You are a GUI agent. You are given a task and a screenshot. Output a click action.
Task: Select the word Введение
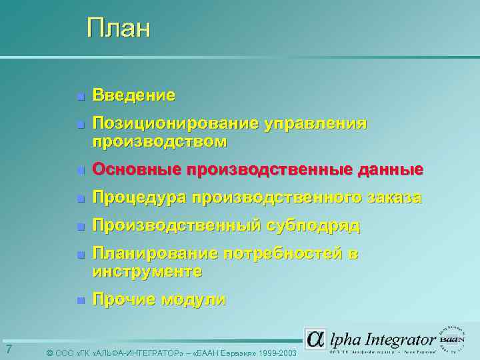(134, 95)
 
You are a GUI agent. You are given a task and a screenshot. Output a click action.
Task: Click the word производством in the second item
(159, 141)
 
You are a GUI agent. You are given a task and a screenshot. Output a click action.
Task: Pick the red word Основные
(137, 169)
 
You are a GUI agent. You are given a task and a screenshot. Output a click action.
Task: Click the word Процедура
(139, 198)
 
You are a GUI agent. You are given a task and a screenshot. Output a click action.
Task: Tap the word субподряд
(313, 226)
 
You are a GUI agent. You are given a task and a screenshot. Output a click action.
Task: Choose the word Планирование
(155, 254)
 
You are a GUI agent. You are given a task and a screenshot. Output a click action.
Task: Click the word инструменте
(147, 271)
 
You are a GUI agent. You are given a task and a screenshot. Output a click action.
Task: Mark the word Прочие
(122, 299)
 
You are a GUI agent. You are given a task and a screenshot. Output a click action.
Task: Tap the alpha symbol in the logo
(315, 339)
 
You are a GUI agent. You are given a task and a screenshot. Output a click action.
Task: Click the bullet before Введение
(80, 97)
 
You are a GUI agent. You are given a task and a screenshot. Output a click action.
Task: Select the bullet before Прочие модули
(80, 301)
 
